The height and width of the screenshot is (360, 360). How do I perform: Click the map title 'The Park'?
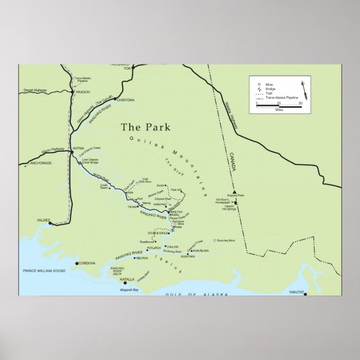[x=145, y=127]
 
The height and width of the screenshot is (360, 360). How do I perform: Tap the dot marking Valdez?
[x=50, y=223]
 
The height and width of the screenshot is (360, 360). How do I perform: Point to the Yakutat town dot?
[x=305, y=295]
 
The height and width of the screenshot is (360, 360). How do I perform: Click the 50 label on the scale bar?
[x=301, y=103]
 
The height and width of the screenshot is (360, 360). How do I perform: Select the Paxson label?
[x=83, y=92]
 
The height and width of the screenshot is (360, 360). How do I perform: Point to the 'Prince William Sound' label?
[x=44, y=270]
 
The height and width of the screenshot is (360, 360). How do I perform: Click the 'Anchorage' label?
[x=40, y=163]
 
